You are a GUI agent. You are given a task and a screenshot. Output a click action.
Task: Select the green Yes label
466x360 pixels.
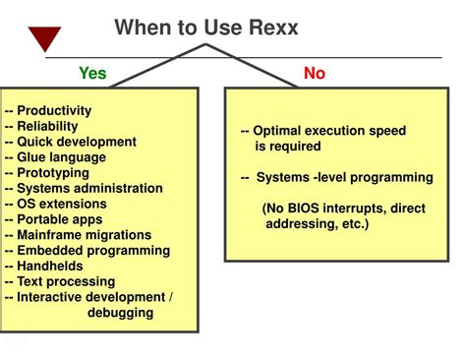[92, 73]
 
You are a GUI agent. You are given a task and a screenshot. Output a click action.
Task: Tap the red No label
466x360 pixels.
[315, 73]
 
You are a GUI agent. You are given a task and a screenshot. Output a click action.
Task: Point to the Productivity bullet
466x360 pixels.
[54, 111]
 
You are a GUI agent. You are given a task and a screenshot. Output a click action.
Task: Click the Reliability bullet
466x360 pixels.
[49, 126]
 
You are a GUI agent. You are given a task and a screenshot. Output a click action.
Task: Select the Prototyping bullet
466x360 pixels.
[53, 173]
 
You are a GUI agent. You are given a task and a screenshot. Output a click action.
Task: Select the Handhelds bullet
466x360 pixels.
[49, 266]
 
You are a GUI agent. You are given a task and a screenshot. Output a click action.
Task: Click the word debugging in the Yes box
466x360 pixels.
[119, 313]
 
